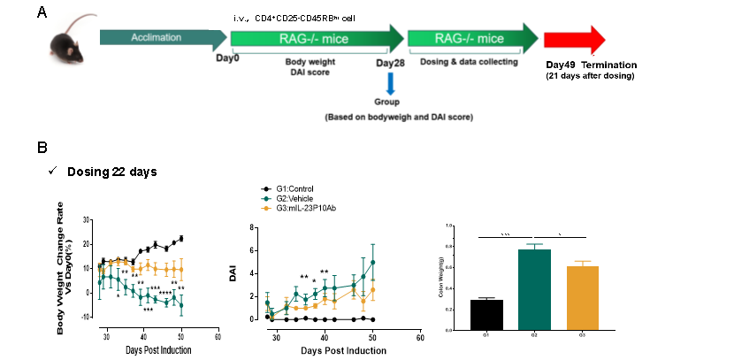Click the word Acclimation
156,38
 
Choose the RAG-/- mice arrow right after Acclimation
310,38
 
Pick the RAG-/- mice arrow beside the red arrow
469,38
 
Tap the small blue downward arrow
390,84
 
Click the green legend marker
265,199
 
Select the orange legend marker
265,209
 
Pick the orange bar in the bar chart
582,298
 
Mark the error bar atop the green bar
534,246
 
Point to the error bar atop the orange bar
582,263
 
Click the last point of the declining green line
181,304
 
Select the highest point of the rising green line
373,262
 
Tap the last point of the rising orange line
373,289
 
